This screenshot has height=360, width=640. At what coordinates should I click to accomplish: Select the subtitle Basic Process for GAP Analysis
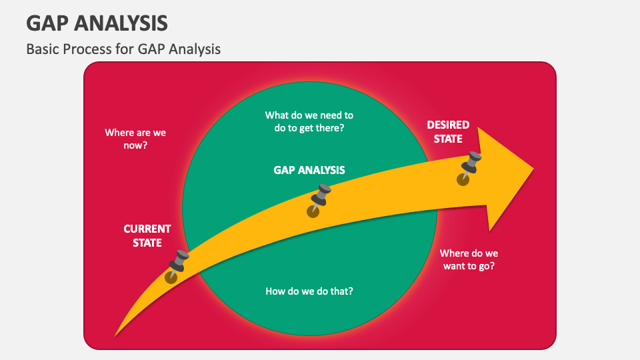point(123,49)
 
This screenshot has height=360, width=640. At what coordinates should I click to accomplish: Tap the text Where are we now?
point(135,138)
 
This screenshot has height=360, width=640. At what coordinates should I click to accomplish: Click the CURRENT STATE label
point(147,236)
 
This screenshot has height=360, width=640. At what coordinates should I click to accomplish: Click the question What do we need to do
point(309,121)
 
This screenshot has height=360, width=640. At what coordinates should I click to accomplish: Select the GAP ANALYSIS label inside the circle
point(309,170)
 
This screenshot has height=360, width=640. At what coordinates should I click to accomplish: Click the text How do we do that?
point(309,291)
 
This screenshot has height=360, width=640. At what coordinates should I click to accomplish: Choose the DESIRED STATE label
point(448,132)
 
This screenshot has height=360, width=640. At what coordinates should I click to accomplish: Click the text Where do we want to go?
point(469,259)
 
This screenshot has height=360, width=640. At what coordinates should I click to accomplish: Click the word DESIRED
point(448,125)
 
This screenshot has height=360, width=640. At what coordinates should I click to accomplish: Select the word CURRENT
point(147,229)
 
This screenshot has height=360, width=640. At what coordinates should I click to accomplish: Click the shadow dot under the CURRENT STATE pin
point(171,277)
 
